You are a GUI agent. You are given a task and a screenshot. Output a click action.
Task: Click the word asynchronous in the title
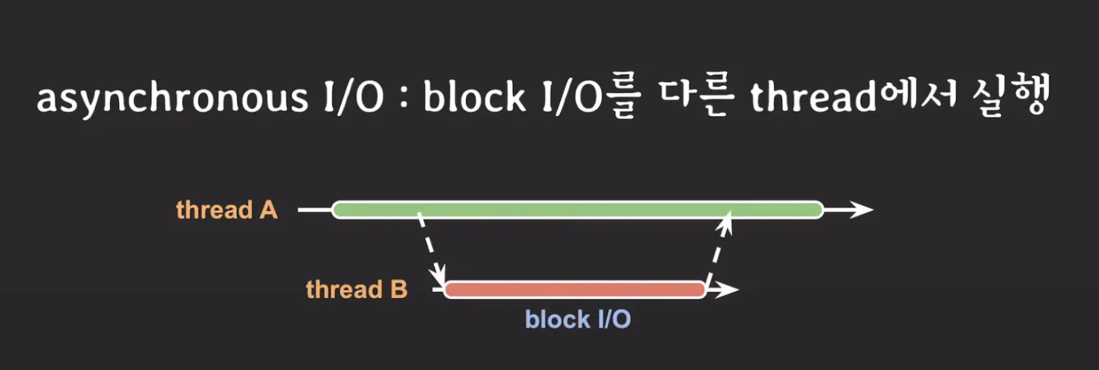coord(172,98)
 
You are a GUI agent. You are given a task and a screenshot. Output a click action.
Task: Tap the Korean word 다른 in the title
coord(696,97)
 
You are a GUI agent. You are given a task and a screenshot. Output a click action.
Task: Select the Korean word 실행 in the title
coord(1011,96)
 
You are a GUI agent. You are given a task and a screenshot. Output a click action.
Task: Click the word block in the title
coord(474,97)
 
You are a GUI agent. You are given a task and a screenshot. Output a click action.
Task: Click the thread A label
coord(226,210)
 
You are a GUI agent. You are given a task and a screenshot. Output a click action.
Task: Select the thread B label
coord(356,290)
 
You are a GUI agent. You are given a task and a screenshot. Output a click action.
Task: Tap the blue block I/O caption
coord(578,319)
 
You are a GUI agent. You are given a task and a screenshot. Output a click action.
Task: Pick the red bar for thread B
coord(575,290)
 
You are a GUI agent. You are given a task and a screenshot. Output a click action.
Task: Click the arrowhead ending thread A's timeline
coord(862,210)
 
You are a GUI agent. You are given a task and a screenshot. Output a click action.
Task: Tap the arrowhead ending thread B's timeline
coord(728,290)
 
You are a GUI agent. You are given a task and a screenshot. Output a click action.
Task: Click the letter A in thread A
coord(268,210)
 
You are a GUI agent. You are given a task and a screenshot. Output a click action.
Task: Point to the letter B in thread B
coord(398,290)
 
